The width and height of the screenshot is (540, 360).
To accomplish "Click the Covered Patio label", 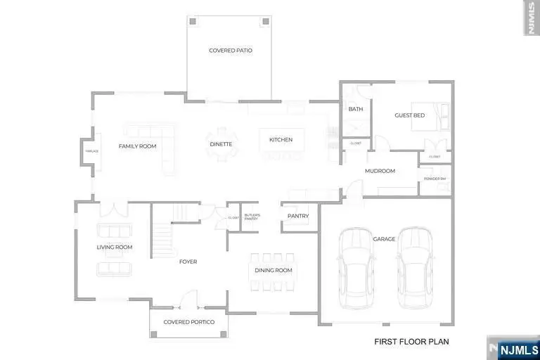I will [x=231, y=51].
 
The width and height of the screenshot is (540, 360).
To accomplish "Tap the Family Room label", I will [x=137, y=146].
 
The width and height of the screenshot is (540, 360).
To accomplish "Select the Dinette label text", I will [x=221, y=145].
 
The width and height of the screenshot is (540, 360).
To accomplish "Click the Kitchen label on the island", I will [x=281, y=140].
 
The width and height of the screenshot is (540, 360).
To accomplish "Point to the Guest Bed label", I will [x=409, y=115].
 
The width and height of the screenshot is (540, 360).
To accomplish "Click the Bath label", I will [x=355, y=109].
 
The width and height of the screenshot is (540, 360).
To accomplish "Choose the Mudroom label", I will [x=380, y=171].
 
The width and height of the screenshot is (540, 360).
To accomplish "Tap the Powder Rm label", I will [x=435, y=179].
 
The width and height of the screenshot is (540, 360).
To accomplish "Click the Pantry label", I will [x=298, y=216].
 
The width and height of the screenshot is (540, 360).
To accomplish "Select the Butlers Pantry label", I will [x=252, y=217].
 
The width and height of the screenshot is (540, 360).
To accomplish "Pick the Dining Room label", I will [x=273, y=271].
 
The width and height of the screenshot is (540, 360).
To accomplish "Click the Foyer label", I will [x=188, y=262].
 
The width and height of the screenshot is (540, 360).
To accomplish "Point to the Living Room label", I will [x=115, y=247].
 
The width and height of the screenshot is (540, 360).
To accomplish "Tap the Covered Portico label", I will [x=188, y=322].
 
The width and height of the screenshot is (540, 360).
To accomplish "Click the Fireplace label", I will [x=91, y=151].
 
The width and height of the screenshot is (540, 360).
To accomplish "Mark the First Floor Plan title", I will [x=411, y=342].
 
